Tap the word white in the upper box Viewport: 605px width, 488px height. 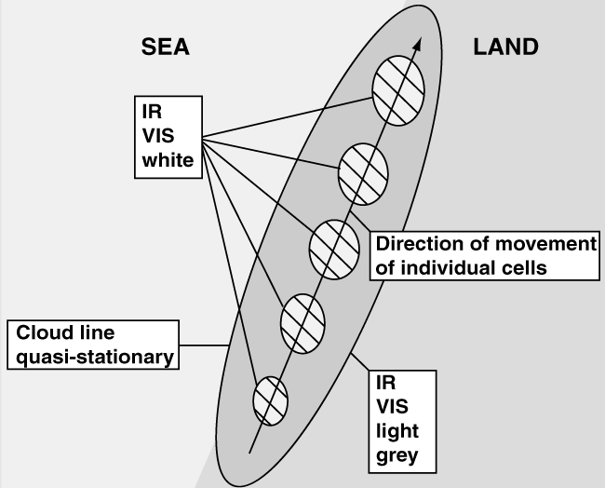coord(168,161)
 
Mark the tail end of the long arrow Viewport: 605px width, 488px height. coord(249,454)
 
